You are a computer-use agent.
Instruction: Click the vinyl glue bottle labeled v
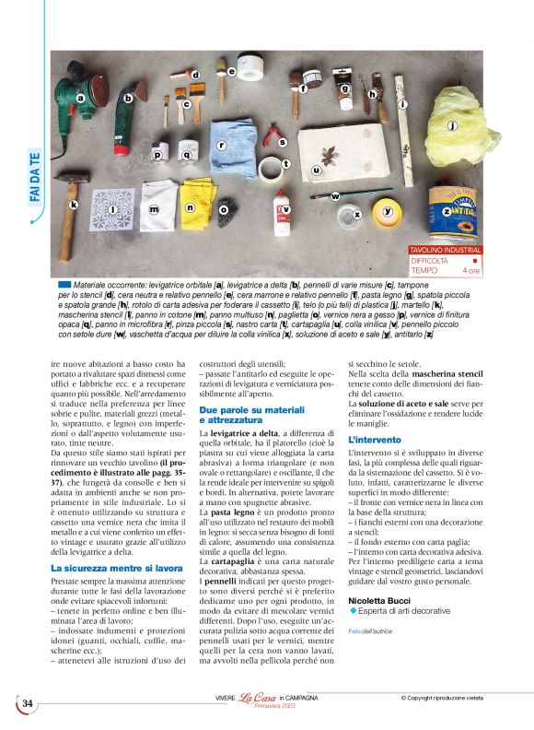(282, 211)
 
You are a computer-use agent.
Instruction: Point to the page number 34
(28, 703)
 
